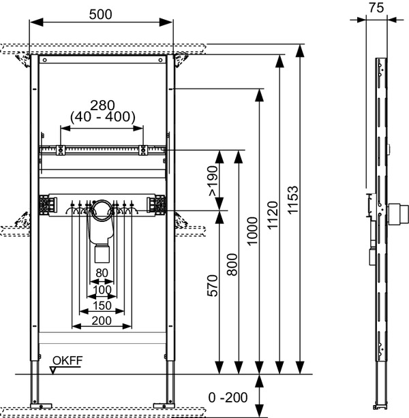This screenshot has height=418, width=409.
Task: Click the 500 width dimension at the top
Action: point(100,14)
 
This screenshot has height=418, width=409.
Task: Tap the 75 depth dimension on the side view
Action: point(376,7)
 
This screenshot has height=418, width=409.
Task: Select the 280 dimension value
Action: point(102,106)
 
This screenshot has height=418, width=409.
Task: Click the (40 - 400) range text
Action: point(103,117)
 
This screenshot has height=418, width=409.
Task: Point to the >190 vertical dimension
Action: point(213,181)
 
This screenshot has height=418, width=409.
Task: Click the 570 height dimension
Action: point(213,285)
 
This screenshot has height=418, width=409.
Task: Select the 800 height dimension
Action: point(232,264)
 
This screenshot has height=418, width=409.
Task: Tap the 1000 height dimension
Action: point(252,231)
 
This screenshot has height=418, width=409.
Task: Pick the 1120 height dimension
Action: point(273,215)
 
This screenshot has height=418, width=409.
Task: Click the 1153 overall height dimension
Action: point(293,199)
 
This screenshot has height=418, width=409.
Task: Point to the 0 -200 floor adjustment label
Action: point(228,398)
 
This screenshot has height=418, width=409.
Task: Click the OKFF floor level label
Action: point(67,360)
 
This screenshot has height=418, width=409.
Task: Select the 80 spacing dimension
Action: point(102,273)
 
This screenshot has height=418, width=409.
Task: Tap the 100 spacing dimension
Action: point(102,289)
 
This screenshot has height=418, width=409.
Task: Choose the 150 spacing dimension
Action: point(102,306)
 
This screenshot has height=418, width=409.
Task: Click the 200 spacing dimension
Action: point(102,321)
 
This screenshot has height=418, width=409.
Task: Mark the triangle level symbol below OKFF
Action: point(53,370)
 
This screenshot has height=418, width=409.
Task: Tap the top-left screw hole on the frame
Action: point(44,60)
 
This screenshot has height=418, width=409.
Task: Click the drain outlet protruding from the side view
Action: point(398,214)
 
